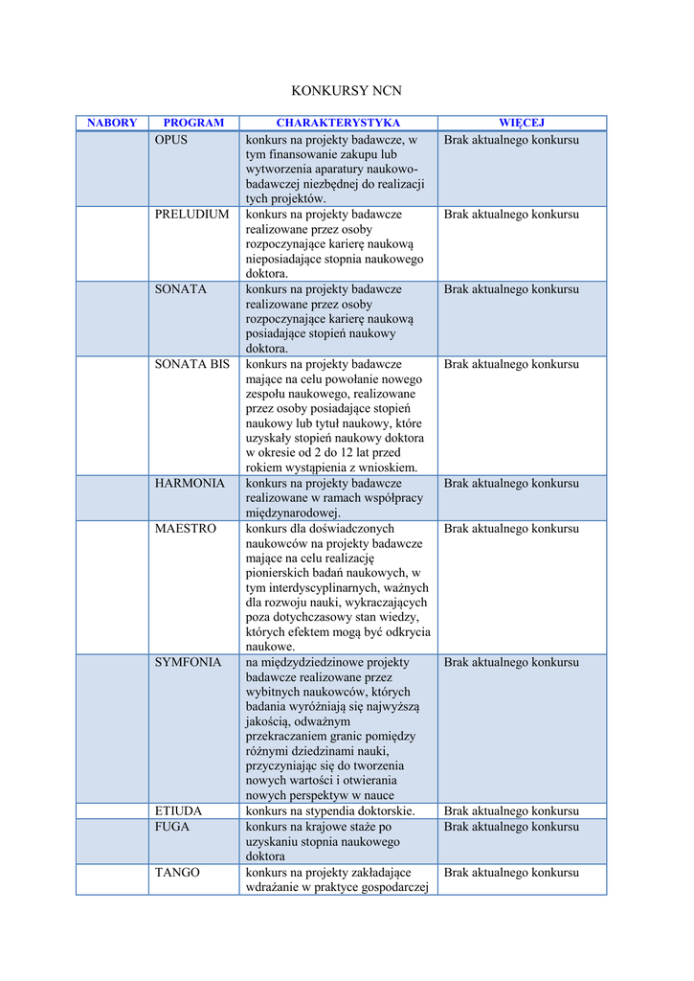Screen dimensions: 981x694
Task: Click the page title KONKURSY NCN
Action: tap(347, 91)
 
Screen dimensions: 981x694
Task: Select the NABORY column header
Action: tap(112, 123)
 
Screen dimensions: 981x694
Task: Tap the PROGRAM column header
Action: tap(193, 123)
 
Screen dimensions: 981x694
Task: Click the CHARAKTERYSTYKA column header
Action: tap(338, 123)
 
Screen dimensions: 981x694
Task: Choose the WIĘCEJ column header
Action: tap(522, 123)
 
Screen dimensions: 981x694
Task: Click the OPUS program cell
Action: tap(172, 140)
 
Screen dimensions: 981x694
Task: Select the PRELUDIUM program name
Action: tap(192, 215)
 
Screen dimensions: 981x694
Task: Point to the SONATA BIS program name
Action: tap(192, 364)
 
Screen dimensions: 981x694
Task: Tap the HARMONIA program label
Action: tap(190, 484)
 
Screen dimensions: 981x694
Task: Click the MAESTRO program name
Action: tap(186, 529)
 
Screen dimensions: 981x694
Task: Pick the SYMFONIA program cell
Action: tap(189, 663)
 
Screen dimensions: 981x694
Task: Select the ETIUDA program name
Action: tap(179, 811)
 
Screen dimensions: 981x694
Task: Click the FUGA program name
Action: tap(172, 827)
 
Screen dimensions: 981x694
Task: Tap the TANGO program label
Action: tap(178, 873)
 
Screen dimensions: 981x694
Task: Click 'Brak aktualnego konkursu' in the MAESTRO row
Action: tap(511, 529)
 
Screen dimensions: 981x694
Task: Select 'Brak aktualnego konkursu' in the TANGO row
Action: tap(511, 873)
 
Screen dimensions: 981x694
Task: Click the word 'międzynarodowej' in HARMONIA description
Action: tap(293, 513)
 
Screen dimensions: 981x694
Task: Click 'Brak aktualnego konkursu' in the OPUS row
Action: tap(511, 140)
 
